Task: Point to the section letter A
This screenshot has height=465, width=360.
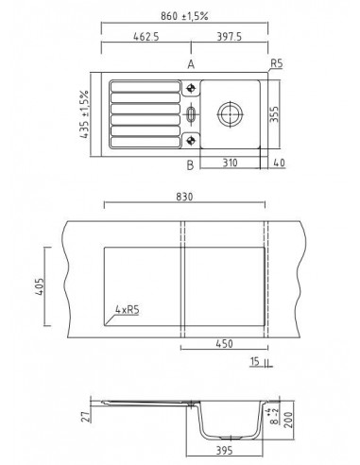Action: (191, 64)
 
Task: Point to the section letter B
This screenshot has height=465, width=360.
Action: (191, 165)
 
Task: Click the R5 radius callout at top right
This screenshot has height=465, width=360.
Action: (277, 65)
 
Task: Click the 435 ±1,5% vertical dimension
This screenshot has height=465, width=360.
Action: (84, 113)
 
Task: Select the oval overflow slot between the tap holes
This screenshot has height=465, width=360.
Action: (192, 115)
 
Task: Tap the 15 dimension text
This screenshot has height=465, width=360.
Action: (256, 362)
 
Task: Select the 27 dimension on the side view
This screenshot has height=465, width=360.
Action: (83, 409)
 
